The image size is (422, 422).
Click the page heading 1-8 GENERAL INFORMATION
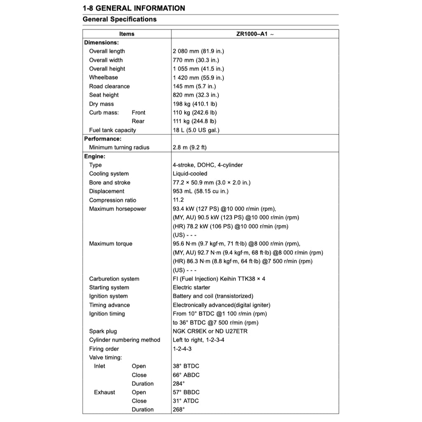point(134,8)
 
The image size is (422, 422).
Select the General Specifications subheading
point(120,19)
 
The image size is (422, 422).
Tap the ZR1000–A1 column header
point(254,34)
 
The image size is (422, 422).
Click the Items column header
point(127,34)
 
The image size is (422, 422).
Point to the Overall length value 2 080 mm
point(198,52)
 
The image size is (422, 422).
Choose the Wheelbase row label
point(103,77)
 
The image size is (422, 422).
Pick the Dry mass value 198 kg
point(195,104)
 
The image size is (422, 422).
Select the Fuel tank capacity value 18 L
point(196,130)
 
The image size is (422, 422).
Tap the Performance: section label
point(103,139)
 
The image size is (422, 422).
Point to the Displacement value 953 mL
point(200,191)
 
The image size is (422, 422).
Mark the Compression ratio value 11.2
point(178,200)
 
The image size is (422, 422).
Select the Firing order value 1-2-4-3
point(182,349)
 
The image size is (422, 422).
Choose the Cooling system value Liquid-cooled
point(190,174)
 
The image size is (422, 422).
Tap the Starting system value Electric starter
point(191,288)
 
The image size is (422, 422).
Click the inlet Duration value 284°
point(179,384)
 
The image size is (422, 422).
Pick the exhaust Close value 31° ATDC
point(185,401)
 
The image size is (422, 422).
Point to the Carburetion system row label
point(114,279)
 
